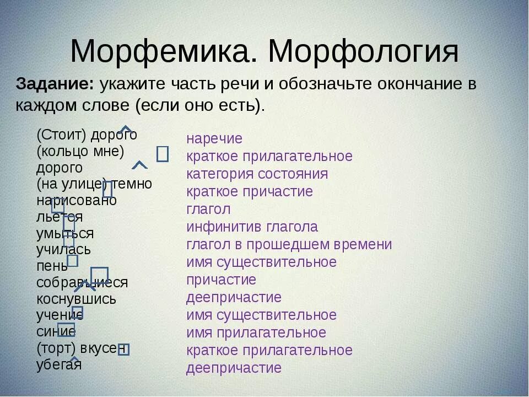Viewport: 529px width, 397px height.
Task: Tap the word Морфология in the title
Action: (x=363, y=52)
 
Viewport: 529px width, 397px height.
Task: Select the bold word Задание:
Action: (x=55, y=85)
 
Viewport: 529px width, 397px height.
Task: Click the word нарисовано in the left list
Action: (x=77, y=200)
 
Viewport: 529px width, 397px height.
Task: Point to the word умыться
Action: (x=65, y=233)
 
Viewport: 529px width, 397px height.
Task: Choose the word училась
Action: (x=63, y=250)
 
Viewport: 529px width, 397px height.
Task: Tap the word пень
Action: (x=52, y=266)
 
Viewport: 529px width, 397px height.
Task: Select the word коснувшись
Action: (x=77, y=299)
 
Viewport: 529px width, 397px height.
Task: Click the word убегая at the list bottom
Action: (x=59, y=364)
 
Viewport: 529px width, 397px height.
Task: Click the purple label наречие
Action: (x=214, y=139)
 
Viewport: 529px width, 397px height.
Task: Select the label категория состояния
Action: (x=257, y=174)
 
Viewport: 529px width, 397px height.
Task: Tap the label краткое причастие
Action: (x=249, y=192)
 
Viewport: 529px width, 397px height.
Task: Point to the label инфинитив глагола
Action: (x=252, y=227)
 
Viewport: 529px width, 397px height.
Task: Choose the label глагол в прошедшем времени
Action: (x=289, y=244)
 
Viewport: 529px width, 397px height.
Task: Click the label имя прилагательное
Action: (x=256, y=333)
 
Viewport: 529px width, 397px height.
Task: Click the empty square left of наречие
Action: (x=163, y=154)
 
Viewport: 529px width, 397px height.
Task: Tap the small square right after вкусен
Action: (x=124, y=349)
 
